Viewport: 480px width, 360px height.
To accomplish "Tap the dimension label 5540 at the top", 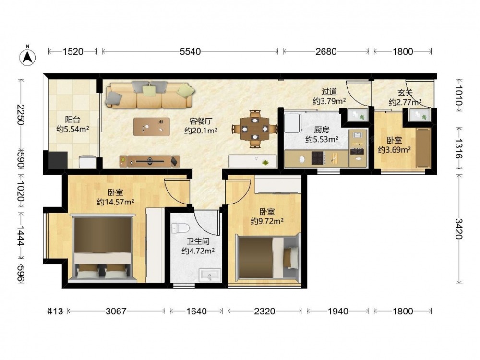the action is [x=190, y=52].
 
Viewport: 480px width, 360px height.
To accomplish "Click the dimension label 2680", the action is [x=326, y=52].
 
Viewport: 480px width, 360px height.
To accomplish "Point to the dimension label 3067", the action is [x=116, y=312].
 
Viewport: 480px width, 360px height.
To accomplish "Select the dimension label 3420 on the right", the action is [x=458, y=228].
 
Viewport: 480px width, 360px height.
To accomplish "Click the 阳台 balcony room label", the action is [x=72, y=120].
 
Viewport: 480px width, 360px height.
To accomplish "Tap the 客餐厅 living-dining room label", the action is [x=201, y=121].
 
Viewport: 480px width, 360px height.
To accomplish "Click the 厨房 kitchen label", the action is [x=322, y=130].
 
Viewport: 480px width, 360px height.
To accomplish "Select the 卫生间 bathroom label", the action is [x=198, y=241].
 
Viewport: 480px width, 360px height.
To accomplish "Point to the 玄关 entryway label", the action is [x=405, y=93].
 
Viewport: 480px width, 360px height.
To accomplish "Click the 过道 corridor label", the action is [x=329, y=91].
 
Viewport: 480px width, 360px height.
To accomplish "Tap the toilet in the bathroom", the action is [x=180, y=228].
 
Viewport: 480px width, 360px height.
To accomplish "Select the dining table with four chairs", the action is [x=255, y=129].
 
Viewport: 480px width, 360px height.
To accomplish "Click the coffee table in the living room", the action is [x=152, y=126].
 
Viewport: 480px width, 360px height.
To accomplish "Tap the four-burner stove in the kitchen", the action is [x=318, y=158].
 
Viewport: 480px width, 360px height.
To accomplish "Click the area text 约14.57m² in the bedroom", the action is [x=116, y=202].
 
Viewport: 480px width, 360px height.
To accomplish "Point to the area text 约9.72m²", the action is [x=266, y=221].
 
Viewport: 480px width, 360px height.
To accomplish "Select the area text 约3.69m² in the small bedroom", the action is [x=394, y=150].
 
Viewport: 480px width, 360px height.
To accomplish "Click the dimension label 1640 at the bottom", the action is [x=196, y=312].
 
